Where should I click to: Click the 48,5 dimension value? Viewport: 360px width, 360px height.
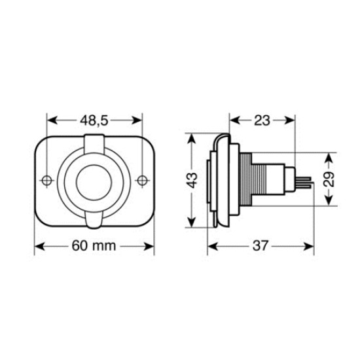[95, 120]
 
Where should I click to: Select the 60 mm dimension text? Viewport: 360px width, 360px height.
[94, 247]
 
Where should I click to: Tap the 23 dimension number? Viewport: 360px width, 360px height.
[262, 120]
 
